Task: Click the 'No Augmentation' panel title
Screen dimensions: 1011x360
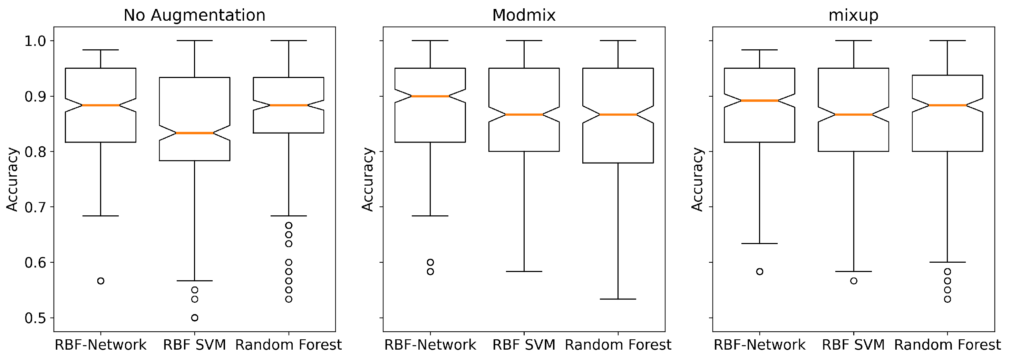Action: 194,15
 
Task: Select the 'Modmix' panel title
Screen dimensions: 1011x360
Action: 524,15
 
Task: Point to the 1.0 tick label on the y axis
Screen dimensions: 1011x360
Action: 35,41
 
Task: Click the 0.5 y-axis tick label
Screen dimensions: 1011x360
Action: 35,318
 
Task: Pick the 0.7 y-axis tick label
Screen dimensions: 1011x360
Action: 35,207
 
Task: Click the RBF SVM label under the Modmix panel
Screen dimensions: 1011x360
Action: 524,345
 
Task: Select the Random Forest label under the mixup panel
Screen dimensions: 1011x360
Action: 947,345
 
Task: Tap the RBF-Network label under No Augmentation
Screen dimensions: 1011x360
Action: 100,345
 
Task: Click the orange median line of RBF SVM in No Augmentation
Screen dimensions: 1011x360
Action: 194,133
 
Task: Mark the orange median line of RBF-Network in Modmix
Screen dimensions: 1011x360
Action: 430,96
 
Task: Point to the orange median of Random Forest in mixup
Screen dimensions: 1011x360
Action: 947,105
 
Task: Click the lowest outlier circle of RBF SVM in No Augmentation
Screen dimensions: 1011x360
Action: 195,318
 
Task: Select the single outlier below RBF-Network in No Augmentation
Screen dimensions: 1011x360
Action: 101,281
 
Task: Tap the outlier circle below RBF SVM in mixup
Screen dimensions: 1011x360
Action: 854,281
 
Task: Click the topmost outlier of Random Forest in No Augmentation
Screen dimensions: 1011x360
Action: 289,225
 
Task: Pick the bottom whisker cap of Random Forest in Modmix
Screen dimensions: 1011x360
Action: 618,299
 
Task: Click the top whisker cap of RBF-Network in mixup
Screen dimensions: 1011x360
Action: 759,50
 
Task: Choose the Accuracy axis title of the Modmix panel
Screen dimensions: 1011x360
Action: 367,179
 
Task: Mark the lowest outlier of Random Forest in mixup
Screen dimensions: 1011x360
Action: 947,299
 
